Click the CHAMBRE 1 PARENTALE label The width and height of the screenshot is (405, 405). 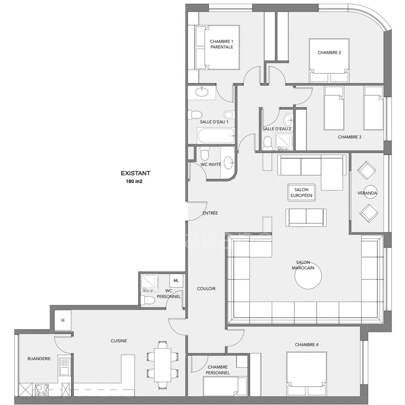[x=222, y=44]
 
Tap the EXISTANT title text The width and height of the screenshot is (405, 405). [x=135, y=173]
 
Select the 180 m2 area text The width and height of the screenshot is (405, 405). [x=134, y=181]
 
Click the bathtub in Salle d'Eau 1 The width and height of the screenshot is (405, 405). [x=216, y=136]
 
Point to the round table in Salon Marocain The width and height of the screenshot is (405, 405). [x=308, y=275]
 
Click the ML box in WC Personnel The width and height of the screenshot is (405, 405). [x=176, y=281]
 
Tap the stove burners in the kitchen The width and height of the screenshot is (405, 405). [x=42, y=390]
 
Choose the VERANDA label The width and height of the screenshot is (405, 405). [x=367, y=193]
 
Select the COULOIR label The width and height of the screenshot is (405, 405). [x=206, y=288]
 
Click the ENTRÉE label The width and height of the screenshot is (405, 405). [x=210, y=213]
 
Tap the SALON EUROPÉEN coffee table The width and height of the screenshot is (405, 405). [x=301, y=192]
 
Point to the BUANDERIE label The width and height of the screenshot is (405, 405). [x=39, y=358]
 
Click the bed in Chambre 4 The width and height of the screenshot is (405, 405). [x=306, y=373]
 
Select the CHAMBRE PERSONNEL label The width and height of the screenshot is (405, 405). [x=217, y=370]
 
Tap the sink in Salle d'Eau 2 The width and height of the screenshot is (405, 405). [x=288, y=119]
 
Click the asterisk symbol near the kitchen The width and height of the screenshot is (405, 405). [x=63, y=320]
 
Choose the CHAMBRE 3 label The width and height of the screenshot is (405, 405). [x=350, y=137]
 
